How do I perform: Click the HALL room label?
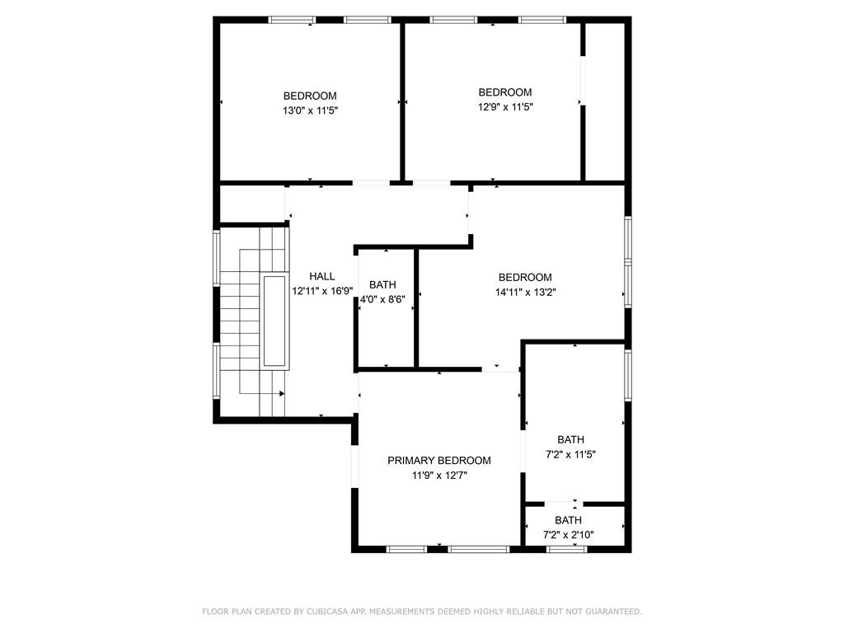coord(322,276)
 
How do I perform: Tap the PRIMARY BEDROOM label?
coord(439,461)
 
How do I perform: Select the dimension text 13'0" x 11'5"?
coord(310,110)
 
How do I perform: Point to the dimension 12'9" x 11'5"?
coord(505,106)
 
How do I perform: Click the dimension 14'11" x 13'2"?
coord(525,292)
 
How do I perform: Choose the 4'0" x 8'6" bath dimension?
coord(382,299)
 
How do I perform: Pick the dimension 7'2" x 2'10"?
coord(568,535)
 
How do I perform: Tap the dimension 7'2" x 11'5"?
coord(570,454)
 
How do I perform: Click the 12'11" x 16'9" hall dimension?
coord(322,291)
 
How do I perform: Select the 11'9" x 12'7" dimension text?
coord(439,476)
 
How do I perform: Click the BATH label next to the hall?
coord(382,285)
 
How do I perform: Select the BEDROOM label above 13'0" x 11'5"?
coord(310,96)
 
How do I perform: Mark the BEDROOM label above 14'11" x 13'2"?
coord(525,278)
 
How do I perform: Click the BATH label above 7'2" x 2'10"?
coord(568,521)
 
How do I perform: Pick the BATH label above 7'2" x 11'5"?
coord(570,440)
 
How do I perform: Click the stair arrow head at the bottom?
coord(282,395)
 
